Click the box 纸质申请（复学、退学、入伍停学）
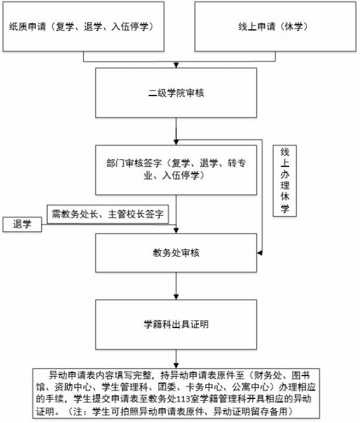83,27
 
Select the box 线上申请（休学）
276,27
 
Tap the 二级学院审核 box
176,92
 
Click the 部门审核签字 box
176,170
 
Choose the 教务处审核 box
176,253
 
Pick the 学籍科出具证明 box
176,324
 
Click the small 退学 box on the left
22,224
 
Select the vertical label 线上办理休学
285,181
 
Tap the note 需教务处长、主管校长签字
108,214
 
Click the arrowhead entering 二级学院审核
176,65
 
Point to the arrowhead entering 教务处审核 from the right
259,253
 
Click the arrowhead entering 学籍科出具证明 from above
176,297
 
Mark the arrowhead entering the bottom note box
176,366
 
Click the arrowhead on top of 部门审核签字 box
176,142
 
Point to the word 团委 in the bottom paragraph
167,387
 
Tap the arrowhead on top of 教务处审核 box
176,231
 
